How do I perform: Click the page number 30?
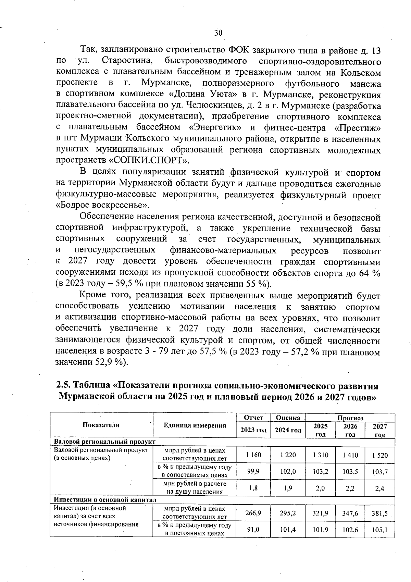(x=218, y=33)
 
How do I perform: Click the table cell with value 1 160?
(x=253, y=455)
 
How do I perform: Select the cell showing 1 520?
(x=379, y=455)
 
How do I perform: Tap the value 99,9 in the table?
(x=253, y=471)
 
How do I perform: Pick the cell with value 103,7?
(x=380, y=472)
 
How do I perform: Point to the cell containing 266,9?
(x=253, y=513)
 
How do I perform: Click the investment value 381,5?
(x=379, y=513)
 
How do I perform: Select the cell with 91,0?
(x=253, y=529)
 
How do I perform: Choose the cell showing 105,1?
(x=380, y=530)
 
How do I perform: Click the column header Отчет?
(x=253, y=418)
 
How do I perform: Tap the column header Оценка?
(x=288, y=418)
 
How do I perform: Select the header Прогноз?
(x=350, y=418)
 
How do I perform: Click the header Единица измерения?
(x=195, y=425)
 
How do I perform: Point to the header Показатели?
(x=101, y=425)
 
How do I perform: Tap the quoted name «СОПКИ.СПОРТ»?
(x=149, y=160)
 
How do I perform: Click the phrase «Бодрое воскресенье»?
(x=102, y=205)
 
